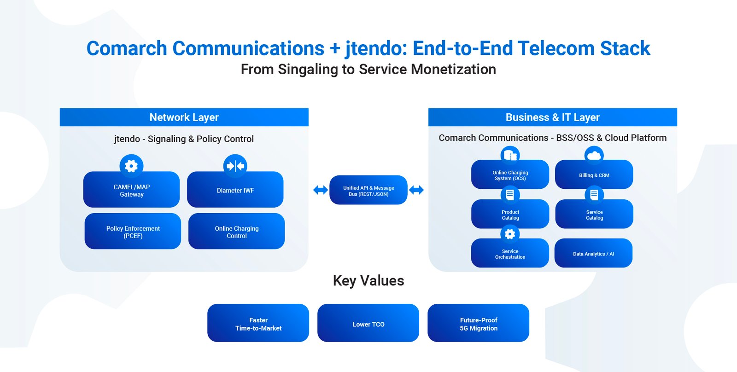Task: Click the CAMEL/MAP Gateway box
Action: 131,191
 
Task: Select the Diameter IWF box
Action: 235,191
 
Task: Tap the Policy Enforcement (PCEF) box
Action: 133,232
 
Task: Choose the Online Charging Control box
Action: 236,232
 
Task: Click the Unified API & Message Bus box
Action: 368,191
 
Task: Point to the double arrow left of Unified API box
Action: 321,190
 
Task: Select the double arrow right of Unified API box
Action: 416,190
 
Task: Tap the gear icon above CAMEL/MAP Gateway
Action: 131,166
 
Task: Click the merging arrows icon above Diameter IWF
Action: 235,166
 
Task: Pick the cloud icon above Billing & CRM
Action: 594,156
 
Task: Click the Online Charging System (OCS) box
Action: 510,175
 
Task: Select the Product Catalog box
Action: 510,215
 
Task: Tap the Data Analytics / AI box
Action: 593,254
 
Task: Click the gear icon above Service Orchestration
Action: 510,234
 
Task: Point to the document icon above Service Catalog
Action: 594,195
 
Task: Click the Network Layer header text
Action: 184,117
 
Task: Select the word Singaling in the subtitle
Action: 308,70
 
